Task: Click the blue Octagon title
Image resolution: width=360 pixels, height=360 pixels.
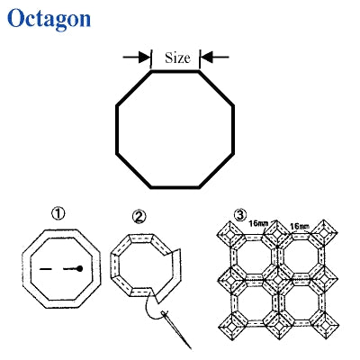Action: pyautogui.click(x=49, y=19)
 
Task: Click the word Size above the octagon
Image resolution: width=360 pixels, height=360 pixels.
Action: pyautogui.click(x=177, y=58)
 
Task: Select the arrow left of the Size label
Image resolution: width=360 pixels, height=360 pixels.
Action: pyautogui.click(x=137, y=57)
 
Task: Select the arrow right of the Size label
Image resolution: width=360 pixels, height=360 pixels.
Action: pyautogui.click(x=214, y=57)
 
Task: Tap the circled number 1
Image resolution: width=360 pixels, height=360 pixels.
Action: pyautogui.click(x=58, y=214)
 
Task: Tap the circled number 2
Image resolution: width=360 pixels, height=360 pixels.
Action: pyautogui.click(x=139, y=216)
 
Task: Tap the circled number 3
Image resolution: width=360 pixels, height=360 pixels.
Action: pyautogui.click(x=240, y=215)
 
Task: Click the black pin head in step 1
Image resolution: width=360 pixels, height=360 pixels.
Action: pyautogui.click(x=79, y=268)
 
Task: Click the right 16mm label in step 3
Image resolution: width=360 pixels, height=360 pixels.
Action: pyautogui.click(x=300, y=227)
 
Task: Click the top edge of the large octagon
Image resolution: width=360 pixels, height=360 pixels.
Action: pyautogui.click(x=175, y=71)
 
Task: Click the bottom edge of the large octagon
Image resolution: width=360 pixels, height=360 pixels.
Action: pyautogui.click(x=175, y=187)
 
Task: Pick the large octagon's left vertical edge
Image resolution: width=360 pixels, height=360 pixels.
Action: pyautogui.click(x=117, y=130)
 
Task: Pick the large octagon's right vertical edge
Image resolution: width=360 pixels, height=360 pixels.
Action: pyautogui.click(x=233, y=130)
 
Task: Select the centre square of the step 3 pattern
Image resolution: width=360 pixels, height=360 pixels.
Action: pyautogui.click(x=278, y=279)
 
